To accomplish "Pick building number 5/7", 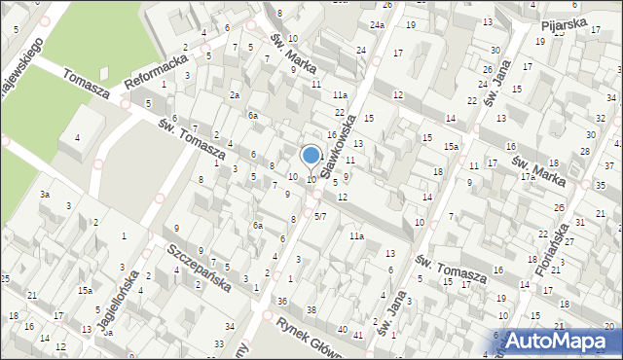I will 319,215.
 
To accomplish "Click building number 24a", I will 377,24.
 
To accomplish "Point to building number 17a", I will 528,176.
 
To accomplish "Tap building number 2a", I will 234,95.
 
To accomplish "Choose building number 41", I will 358,336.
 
